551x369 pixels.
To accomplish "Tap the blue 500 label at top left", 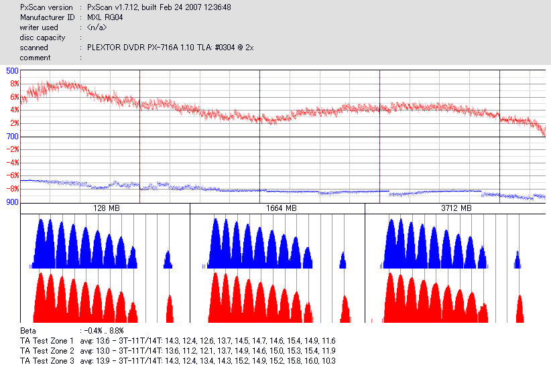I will point(12,70).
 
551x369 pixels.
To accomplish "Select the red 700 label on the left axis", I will point(12,137).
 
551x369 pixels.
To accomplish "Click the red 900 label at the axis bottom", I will point(12,202).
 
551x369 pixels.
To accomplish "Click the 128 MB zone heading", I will point(106,209).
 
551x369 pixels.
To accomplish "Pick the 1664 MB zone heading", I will point(281,209).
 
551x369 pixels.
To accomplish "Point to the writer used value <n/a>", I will point(97,27).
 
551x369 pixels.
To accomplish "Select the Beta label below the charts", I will point(27,331).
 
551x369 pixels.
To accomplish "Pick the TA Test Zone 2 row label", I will point(48,351).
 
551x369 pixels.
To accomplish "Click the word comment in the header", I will point(35,58).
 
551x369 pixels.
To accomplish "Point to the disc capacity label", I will point(42,38).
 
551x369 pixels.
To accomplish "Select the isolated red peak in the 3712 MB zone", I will point(520,309).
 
